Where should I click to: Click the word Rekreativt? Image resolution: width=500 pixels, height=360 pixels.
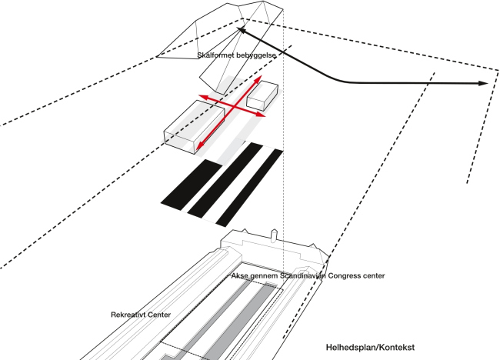tap(130, 315)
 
